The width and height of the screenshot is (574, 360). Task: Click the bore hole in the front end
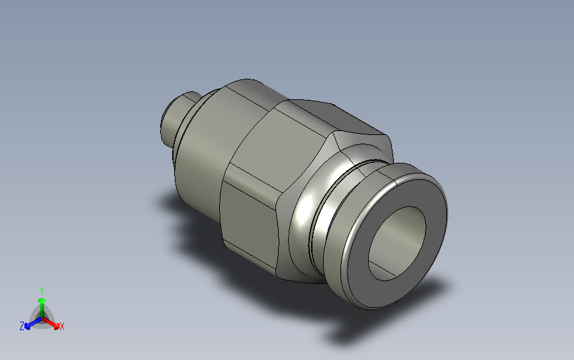pos(397,244)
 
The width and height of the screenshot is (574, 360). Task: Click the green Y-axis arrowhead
pos(42,301)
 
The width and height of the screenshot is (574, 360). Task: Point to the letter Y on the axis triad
pos(42,291)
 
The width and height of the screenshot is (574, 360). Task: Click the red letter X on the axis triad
pos(62,326)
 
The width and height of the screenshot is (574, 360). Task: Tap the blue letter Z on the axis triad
pos(22,326)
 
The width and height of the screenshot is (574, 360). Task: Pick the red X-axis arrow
pos(50,323)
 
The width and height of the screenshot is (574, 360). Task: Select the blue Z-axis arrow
pos(33,323)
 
